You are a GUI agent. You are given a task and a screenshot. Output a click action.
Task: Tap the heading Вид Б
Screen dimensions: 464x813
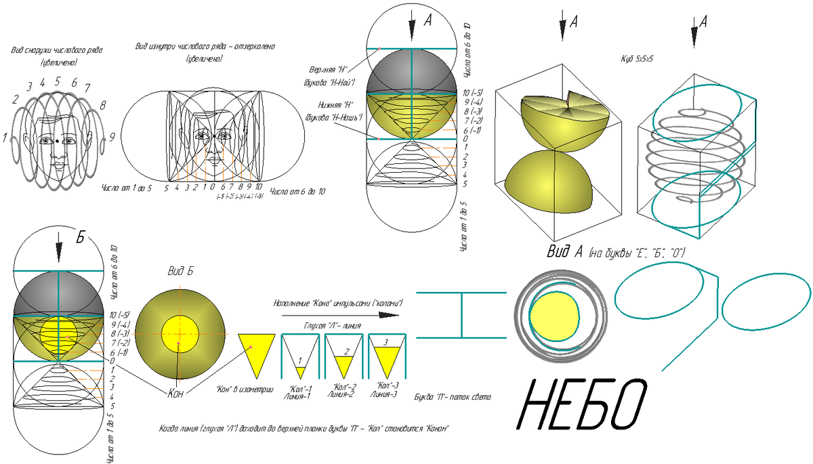tap(181, 271)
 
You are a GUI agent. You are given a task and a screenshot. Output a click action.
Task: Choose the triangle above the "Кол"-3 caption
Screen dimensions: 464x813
tap(385, 356)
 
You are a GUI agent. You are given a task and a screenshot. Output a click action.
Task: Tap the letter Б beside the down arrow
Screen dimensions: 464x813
tap(80, 238)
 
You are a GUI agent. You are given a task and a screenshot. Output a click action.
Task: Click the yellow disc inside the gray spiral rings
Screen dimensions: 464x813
tap(554, 317)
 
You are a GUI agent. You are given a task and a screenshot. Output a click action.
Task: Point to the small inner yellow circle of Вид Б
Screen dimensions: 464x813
tap(180, 335)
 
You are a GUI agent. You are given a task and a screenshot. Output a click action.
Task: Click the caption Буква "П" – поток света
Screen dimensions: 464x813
tap(452, 396)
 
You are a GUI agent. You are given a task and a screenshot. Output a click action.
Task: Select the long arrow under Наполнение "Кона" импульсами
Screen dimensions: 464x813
tap(339, 314)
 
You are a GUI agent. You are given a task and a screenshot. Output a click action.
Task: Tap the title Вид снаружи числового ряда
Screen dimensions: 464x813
tap(57, 51)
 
